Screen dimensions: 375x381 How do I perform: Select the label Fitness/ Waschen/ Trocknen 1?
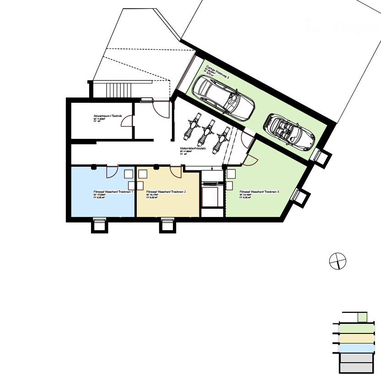pyautogui.click(x=113, y=192)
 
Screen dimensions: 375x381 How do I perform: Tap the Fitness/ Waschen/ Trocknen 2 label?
pyautogui.click(x=166, y=192)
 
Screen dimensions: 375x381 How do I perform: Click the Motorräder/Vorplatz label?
pyautogui.click(x=193, y=148)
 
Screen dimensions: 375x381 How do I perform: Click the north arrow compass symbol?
pyautogui.click(x=338, y=262)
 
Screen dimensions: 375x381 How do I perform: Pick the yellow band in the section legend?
pyautogui.click(x=357, y=338)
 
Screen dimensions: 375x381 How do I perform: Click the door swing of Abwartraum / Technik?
pyautogui.click(x=128, y=121)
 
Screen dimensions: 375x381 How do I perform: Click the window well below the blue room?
pyautogui.click(x=99, y=225)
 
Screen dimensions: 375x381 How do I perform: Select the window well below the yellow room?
pyautogui.click(x=167, y=225)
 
